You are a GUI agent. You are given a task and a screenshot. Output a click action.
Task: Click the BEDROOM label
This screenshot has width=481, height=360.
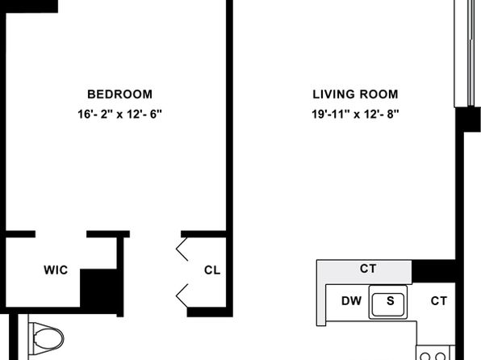[x=119, y=94]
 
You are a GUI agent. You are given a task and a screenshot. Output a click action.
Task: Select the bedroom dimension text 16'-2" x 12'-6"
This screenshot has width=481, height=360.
[x=119, y=115]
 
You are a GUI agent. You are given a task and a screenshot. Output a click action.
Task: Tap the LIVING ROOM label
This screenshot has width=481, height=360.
[x=355, y=94]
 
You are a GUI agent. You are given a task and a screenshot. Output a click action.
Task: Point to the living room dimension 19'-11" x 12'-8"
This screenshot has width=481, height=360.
[x=355, y=115]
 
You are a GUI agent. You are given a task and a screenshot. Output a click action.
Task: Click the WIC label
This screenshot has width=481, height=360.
[x=56, y=270]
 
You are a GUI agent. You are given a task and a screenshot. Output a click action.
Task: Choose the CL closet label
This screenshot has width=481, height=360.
[x=212, y=270]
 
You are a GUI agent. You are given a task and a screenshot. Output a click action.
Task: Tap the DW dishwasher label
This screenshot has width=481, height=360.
[x=352, y=301]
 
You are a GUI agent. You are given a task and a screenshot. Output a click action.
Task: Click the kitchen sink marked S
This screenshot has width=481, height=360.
[x=388, y=303]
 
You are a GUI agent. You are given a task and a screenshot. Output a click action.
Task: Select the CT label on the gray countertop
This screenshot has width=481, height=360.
[x=368, y=269]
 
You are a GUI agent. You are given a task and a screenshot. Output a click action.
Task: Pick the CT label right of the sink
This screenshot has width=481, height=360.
[x=439, y=301]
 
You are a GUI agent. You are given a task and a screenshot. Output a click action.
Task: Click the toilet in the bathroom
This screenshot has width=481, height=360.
[x=46, y=339]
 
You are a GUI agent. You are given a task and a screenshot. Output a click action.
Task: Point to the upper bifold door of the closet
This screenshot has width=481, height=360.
[x=182, y=249]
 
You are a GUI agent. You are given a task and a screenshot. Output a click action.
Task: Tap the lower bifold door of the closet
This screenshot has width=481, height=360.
[x=182, y=295]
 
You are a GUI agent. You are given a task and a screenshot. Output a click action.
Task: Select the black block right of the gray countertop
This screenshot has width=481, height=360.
[x=433, y=271]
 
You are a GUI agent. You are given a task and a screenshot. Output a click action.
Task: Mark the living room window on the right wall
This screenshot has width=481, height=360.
[x=467, y=53]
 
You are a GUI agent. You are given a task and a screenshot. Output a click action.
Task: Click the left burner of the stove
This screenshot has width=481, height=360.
[x=425, y=357]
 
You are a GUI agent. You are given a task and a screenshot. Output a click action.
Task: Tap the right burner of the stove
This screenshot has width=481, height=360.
[x=441, y=357]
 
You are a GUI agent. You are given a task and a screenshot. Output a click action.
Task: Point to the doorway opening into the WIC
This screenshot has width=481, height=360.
[x=61, y=234]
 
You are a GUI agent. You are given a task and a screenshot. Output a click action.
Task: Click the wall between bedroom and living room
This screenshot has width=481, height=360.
[x=229, y=116]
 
